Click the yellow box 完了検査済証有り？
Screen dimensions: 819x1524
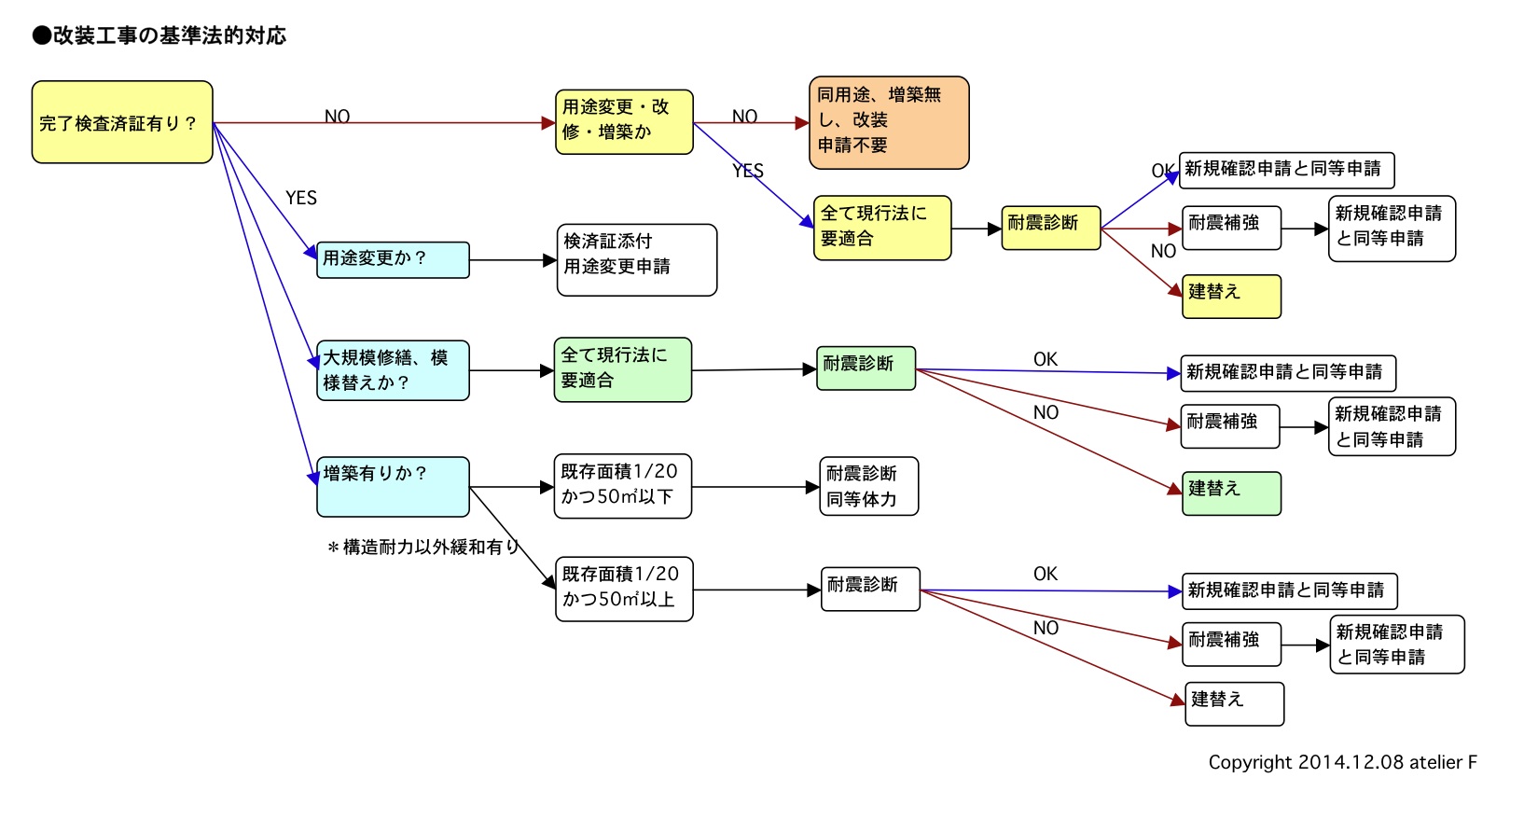click(122, 122)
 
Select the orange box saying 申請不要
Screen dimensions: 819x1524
click(889, 123)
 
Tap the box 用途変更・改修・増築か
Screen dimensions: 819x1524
click(624, 121)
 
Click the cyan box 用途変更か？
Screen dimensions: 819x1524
click(393, 259)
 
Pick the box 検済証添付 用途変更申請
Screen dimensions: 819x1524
click(636, 259)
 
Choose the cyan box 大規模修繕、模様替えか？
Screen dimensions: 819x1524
click(393, 370)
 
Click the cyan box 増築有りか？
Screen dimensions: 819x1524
click(393, 486)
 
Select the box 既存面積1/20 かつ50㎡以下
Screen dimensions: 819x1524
click(623, 485)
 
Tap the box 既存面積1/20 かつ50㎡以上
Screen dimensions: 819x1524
click(623, 589)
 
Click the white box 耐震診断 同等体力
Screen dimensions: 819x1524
click(869, 486)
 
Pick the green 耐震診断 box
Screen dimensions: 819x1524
click(866, 368)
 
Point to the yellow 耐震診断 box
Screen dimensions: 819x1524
click(1051, 228)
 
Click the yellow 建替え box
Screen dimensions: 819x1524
click(1231, 297)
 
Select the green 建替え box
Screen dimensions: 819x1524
click(1231, 493)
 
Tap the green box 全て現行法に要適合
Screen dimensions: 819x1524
click(622, 369)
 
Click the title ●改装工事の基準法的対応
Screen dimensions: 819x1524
click(159, 36)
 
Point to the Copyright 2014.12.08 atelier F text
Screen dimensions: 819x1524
click(1342, 762)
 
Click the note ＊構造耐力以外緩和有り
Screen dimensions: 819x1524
click(423, 548)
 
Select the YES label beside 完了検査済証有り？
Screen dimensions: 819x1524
click(301, 198)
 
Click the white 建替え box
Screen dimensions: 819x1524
click(1233, 703)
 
